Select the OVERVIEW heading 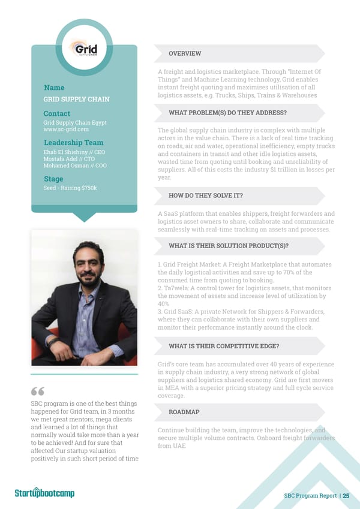tap(185, 54)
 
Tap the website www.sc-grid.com tap(66, 129)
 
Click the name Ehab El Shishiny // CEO tap(74, 152)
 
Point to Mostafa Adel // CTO tap(68, 159)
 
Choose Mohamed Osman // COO tap(75, 165)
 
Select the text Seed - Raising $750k tap(70, 189)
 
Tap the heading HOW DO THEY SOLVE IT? tap(206, 195)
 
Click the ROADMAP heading tap(184, 412)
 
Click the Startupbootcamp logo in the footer tap(44, 493)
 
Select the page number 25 tap(346, 495)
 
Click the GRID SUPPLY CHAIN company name tap(76, 100)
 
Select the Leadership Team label tap(73, 143)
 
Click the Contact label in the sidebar tap(56, 113)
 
